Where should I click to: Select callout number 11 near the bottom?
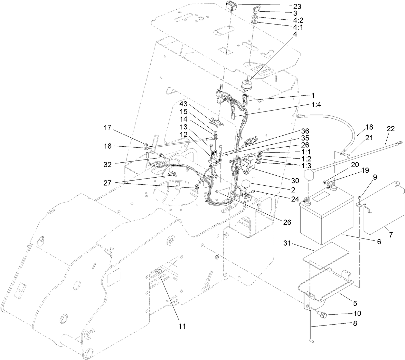pyautogui.click(x=183, y=326)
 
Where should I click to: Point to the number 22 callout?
pyautogui.click(x=391, y=128)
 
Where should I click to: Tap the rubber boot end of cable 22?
pyautogui.click(x=309, y=176)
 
